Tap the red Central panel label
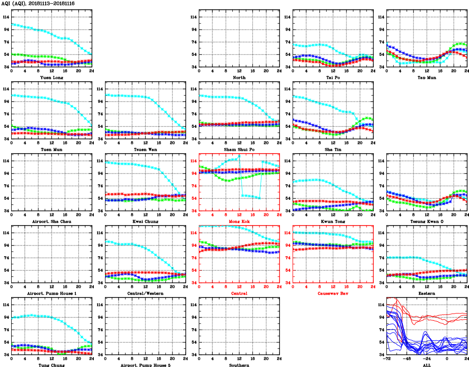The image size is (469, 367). pyautogui.click(x=239, y=293)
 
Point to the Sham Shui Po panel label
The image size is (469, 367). pyautogui.click(x=239, y=149)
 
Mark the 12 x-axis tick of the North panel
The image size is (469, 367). pyautogui.click(x=239, y=71)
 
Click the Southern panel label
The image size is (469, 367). pyautogui.click(x=239, y=365)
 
